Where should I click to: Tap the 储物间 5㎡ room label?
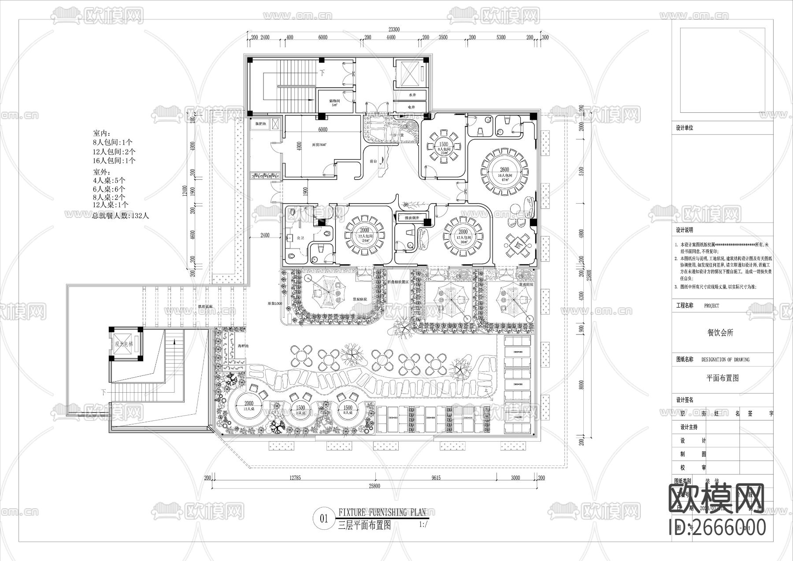coord(334,102)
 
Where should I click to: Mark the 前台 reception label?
coord(373,162)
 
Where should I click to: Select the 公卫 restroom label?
coord(301,238)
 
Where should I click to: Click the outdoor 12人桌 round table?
coord(249,406)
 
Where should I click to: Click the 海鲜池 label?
coord(243,346)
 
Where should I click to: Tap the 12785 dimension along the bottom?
coord(295,478)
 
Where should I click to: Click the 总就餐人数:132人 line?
coord(120,216)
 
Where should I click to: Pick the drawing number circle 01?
coord(324,519)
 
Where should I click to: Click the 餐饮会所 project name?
coord(720,333)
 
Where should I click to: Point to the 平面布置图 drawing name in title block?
coord(722,378)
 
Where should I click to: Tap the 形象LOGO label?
coord(274,304)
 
